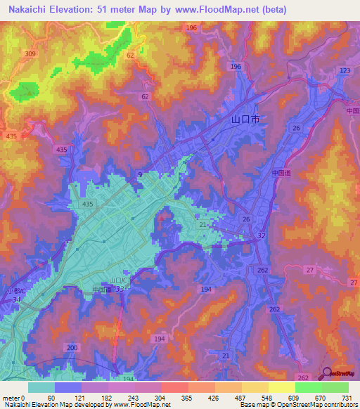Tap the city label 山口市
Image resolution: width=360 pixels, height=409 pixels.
click(245, 119)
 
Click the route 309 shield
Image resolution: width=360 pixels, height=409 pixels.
click(30, 54)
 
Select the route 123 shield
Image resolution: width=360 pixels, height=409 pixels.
click(345, 72)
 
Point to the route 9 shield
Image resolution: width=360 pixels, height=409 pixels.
click(139, 174)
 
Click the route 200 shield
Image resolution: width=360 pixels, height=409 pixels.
click(71, 348)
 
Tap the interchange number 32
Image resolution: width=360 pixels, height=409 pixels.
click(262, 235)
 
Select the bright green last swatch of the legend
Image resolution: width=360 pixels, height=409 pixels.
click(335, 387)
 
